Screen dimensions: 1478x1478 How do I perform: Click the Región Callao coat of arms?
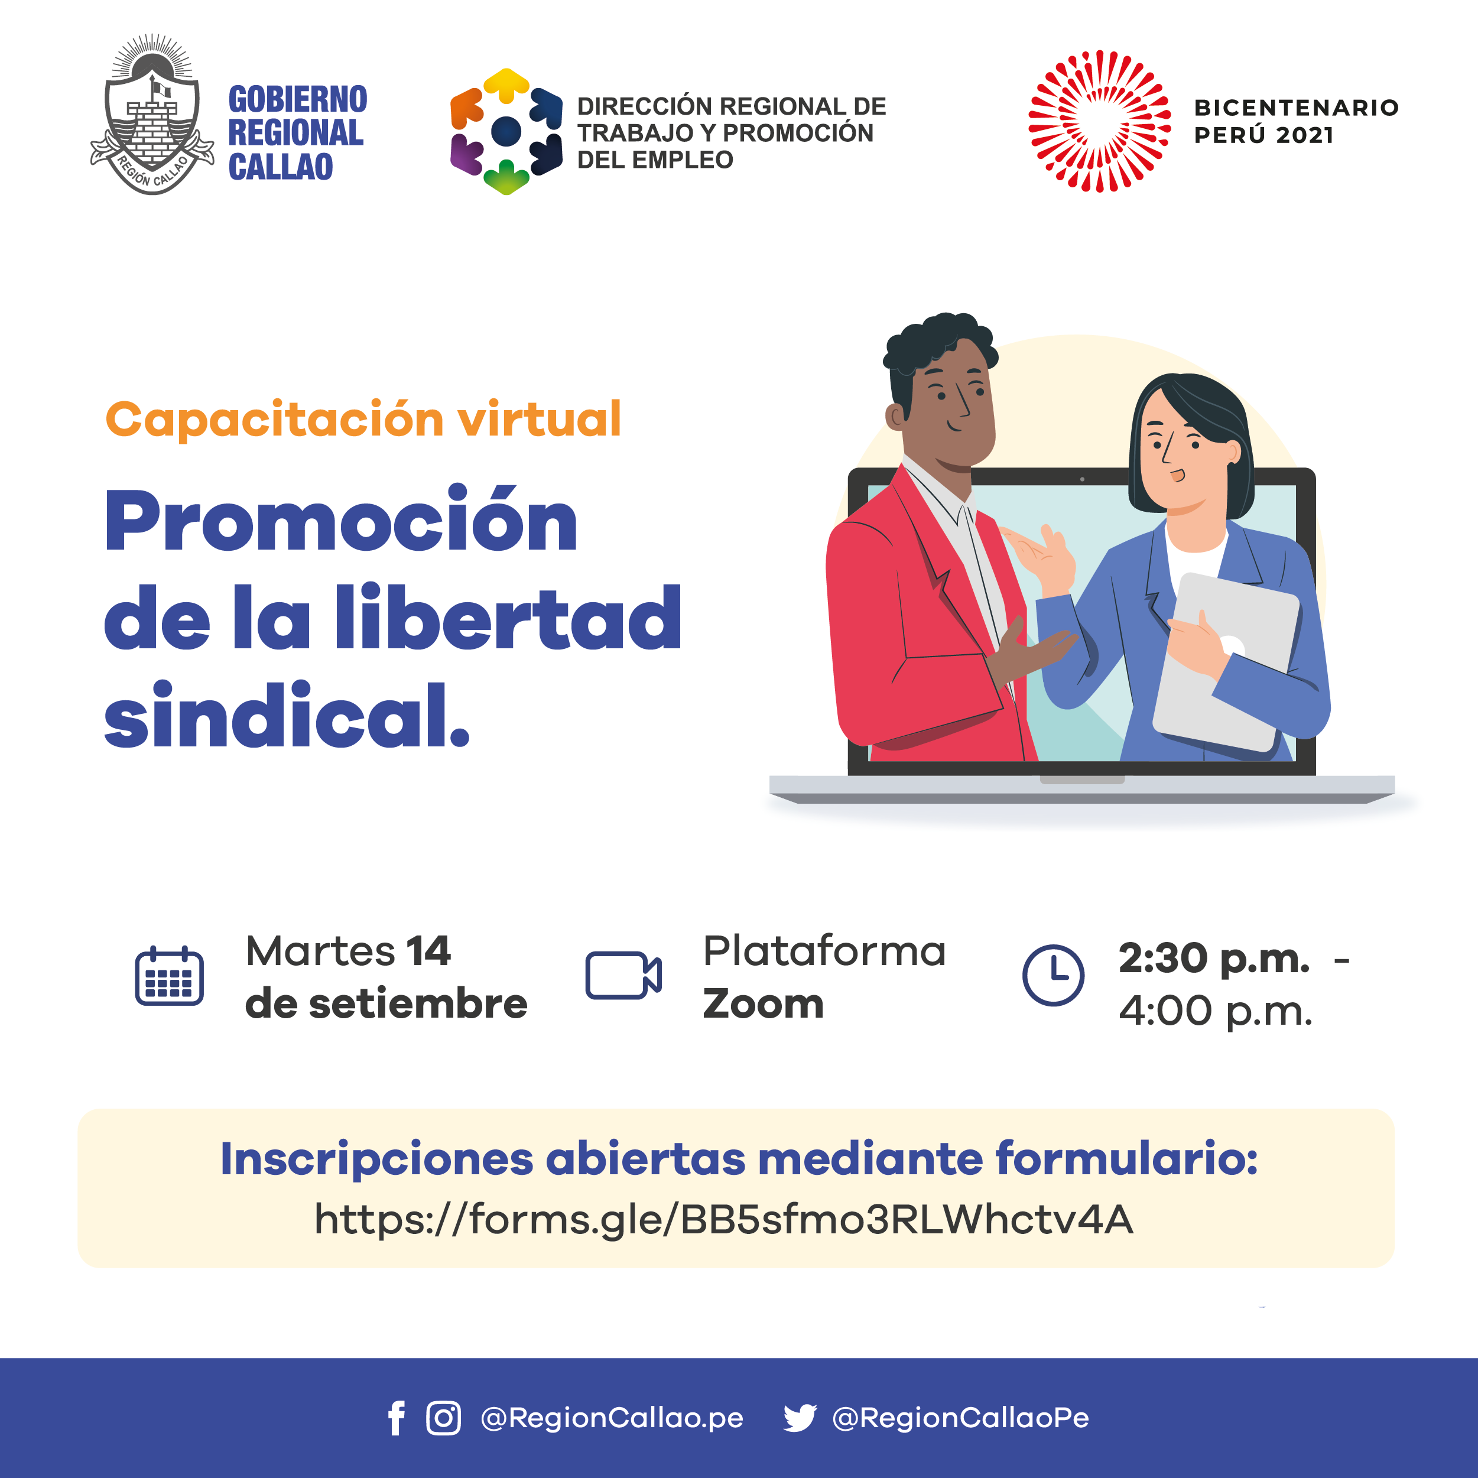[152, 115]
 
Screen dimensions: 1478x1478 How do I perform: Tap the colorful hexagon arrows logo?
[506, 132]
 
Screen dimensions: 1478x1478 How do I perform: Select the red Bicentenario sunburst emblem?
[1099, 121]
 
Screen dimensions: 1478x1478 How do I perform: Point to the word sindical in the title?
[286, 714]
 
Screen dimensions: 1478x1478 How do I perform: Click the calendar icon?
[169, 976]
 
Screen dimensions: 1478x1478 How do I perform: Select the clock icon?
[1054, 976]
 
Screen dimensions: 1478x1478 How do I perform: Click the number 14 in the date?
[428, 951]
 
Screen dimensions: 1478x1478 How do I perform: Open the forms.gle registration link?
[724, 1219]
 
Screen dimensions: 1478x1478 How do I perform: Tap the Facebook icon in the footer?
[397, 1418]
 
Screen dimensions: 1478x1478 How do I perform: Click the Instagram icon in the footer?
[444, 1418]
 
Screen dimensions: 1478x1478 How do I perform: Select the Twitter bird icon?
[800, 1418]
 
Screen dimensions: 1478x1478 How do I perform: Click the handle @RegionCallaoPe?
[960, 1418]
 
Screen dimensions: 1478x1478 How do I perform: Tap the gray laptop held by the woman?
[1226, 662]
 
